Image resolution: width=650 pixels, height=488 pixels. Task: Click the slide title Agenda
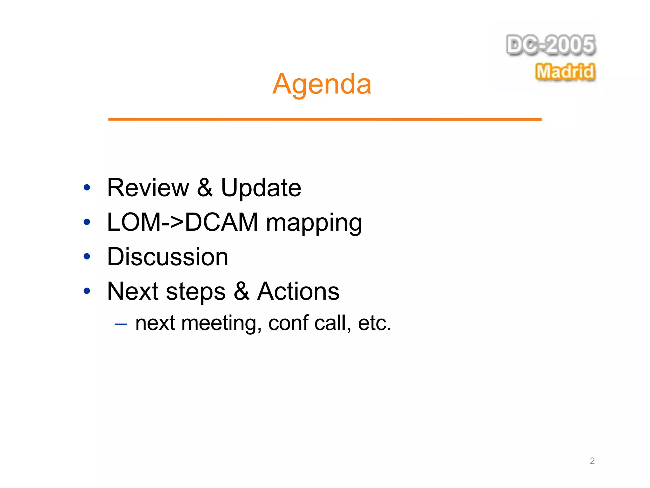click(322, 84)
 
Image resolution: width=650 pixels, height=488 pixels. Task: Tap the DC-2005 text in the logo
click(551, 45)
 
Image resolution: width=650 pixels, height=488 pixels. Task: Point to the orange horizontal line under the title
click(324, 119)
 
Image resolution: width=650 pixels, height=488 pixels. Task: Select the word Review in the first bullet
click(148, 188)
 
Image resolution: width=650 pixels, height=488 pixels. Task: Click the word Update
click(261, 188)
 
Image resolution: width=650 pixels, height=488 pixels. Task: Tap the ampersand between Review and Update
click(205, 188)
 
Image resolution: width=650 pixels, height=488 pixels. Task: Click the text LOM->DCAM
click(182, 222)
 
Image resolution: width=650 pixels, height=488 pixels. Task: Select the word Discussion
click(168, 257)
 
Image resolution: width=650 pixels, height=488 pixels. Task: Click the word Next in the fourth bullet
click(133, 291)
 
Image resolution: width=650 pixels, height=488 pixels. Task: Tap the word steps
click(196, 292)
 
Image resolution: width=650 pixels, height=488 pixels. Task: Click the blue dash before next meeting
click(121, 324)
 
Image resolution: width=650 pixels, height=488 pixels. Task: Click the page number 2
click(592, 461)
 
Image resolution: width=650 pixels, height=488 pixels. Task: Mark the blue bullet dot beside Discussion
click(87, 256)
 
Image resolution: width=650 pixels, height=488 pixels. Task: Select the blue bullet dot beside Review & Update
click(87, 187)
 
